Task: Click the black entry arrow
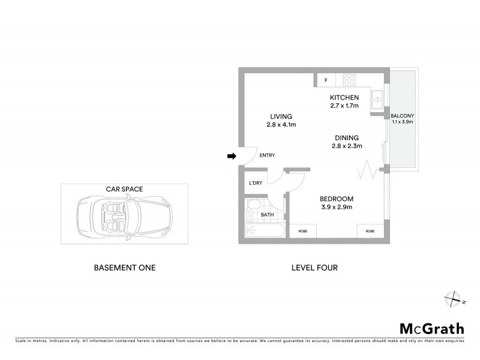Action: tap(232, 157)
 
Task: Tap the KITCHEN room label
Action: tap(344, 98)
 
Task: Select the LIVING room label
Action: tap(281, 116)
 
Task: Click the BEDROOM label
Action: tap(336, 199)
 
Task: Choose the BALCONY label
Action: tap(402, 116)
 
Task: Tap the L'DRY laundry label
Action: tap(255, 184)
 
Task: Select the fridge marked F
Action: tap(326, 80)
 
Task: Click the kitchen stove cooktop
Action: tap(349, 80)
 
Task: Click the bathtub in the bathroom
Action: tap(263, 230)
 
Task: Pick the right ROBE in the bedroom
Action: tap(370, 231)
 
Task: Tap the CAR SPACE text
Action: tap(124, 189)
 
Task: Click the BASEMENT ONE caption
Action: tap(125, 268)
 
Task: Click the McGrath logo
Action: tap(432, 328)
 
